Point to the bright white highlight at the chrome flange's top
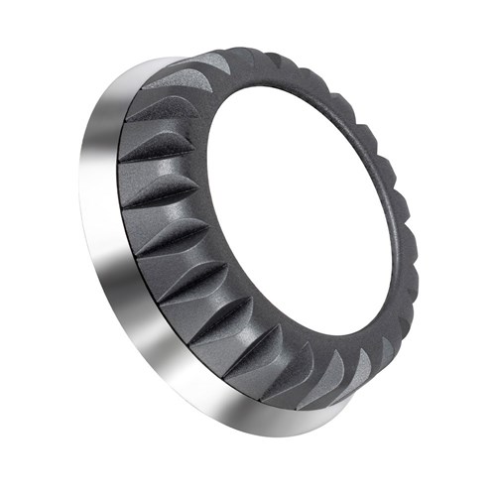click(x=149, y=69)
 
